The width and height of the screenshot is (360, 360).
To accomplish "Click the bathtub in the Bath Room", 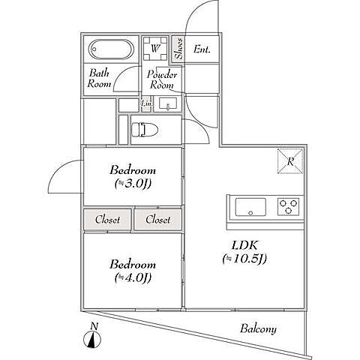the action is (111, 49).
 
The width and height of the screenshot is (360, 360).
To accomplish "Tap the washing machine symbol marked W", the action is (155, 49).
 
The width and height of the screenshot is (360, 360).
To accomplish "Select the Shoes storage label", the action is (178, 49).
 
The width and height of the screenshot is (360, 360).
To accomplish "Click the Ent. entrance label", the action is (202, 49).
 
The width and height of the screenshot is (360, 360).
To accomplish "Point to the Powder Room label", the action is (162, 79).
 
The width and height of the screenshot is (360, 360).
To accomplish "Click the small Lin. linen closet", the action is (146, 103).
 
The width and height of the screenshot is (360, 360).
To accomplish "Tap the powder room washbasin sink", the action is (168, 103).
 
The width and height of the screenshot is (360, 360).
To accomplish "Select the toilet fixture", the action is (145, 130).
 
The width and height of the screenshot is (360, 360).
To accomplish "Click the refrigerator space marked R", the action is (290, 161).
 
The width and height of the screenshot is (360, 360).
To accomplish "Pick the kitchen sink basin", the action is (250, 207).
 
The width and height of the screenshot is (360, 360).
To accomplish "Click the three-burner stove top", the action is (288, 206).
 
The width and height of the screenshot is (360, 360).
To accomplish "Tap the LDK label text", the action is (244, 245).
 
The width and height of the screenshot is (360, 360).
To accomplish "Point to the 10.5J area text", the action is (244, 259).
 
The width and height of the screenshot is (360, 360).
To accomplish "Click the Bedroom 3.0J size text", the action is (133, 184).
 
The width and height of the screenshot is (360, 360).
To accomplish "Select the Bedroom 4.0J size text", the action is (133, 277).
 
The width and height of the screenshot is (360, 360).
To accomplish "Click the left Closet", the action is (107, 220).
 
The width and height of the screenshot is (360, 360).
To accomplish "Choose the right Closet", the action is (158, 220).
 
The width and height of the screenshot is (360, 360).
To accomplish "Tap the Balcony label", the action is (258, 328).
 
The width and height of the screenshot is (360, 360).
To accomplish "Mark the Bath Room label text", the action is (99, 78).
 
